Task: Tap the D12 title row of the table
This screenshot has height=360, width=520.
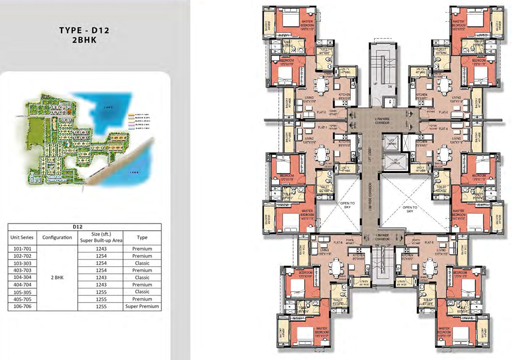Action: click(x=84, y=226)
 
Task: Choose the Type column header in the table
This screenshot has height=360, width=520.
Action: click(x=142, y=237)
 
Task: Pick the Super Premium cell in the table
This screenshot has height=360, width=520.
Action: click(x=142, y=306)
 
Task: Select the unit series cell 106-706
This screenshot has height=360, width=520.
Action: click(x=23, y=306)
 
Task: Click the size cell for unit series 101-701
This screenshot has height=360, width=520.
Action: click(x=100, y=249)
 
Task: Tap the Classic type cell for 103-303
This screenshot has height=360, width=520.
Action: click(x=142, y=263)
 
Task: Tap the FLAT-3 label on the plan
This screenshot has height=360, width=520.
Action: click(x=442, y=112)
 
